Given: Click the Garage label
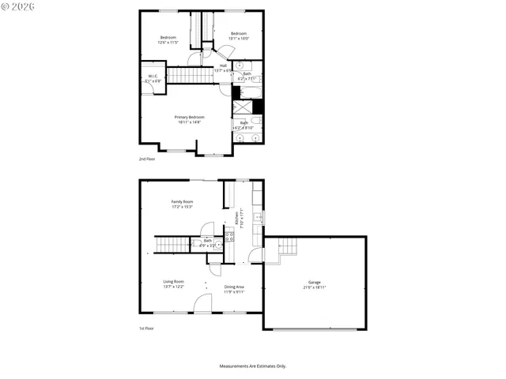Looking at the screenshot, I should coord(315,282).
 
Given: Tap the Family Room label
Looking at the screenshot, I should coord(183,202).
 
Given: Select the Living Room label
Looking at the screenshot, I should coord(174,282).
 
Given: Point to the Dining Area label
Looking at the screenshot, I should coord(234,287).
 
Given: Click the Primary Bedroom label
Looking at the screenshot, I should coord(190,117).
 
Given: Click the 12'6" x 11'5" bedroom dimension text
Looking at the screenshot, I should coord(168,43).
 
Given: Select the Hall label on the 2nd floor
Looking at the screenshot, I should coord(224,66).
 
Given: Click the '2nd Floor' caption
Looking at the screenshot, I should coord(147,159).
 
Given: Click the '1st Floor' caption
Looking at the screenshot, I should coord(147,327).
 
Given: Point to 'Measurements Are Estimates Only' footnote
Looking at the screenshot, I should coord(253,366).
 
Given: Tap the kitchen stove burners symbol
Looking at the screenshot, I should coord(257,217).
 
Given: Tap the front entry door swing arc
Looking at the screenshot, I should coord(204,303).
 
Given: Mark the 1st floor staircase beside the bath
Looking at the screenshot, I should coord(172,244).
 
